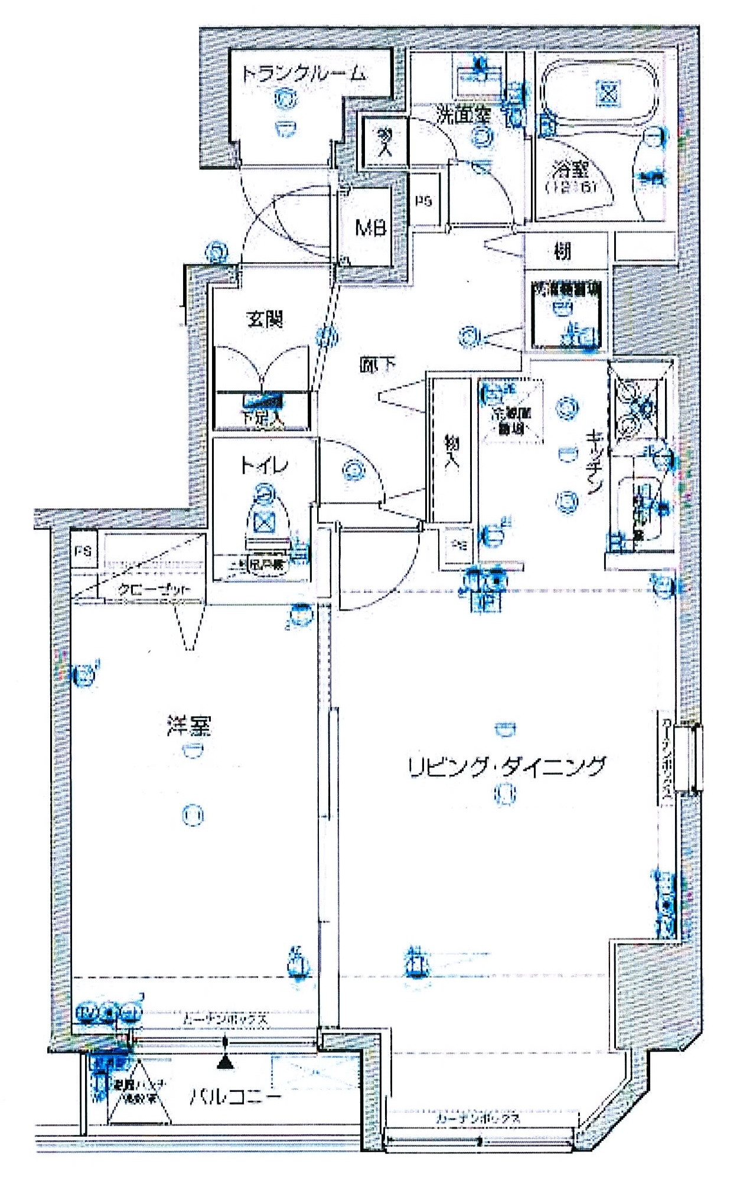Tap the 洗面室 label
(x=464, y=114)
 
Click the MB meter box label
(x=370, y=227)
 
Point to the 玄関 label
(x=265, y=319)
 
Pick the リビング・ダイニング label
(x=507, y=766)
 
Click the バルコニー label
(x=235, y=1097)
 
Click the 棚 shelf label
(x=563, y=252)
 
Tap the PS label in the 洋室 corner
(x=83, y=551)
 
